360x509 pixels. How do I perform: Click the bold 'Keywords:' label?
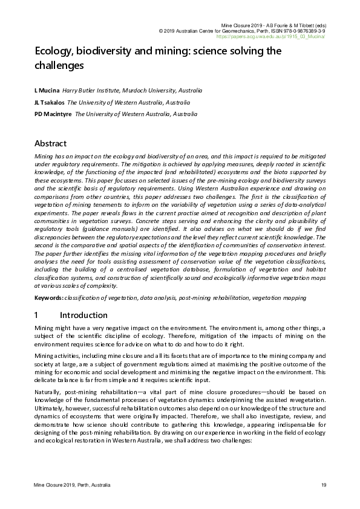[x=49, y=297]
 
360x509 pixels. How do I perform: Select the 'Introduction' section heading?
[x=83, y=315]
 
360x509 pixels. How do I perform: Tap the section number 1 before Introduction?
[x=37, y=315]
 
